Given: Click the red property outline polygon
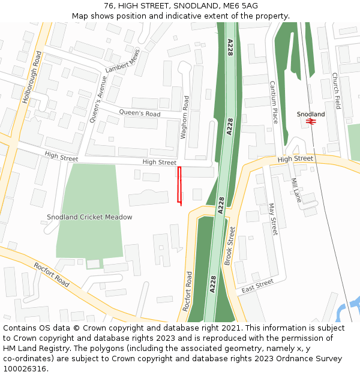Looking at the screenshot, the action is (x=179, y=185).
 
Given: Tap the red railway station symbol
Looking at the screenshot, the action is (x=311, y=121).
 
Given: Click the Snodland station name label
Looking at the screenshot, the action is (x=311, y=114).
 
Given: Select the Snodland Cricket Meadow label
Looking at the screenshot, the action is (x=89, y=217).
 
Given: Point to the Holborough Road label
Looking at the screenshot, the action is (x=31, y=78).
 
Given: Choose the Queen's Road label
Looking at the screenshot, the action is (x=140, y=113).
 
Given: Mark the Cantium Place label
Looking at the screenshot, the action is (x=273, y=102).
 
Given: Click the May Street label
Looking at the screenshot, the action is (x=272, y=218).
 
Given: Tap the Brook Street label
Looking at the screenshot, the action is (x=230, y=246).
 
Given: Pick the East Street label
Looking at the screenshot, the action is (x=257, y=286).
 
